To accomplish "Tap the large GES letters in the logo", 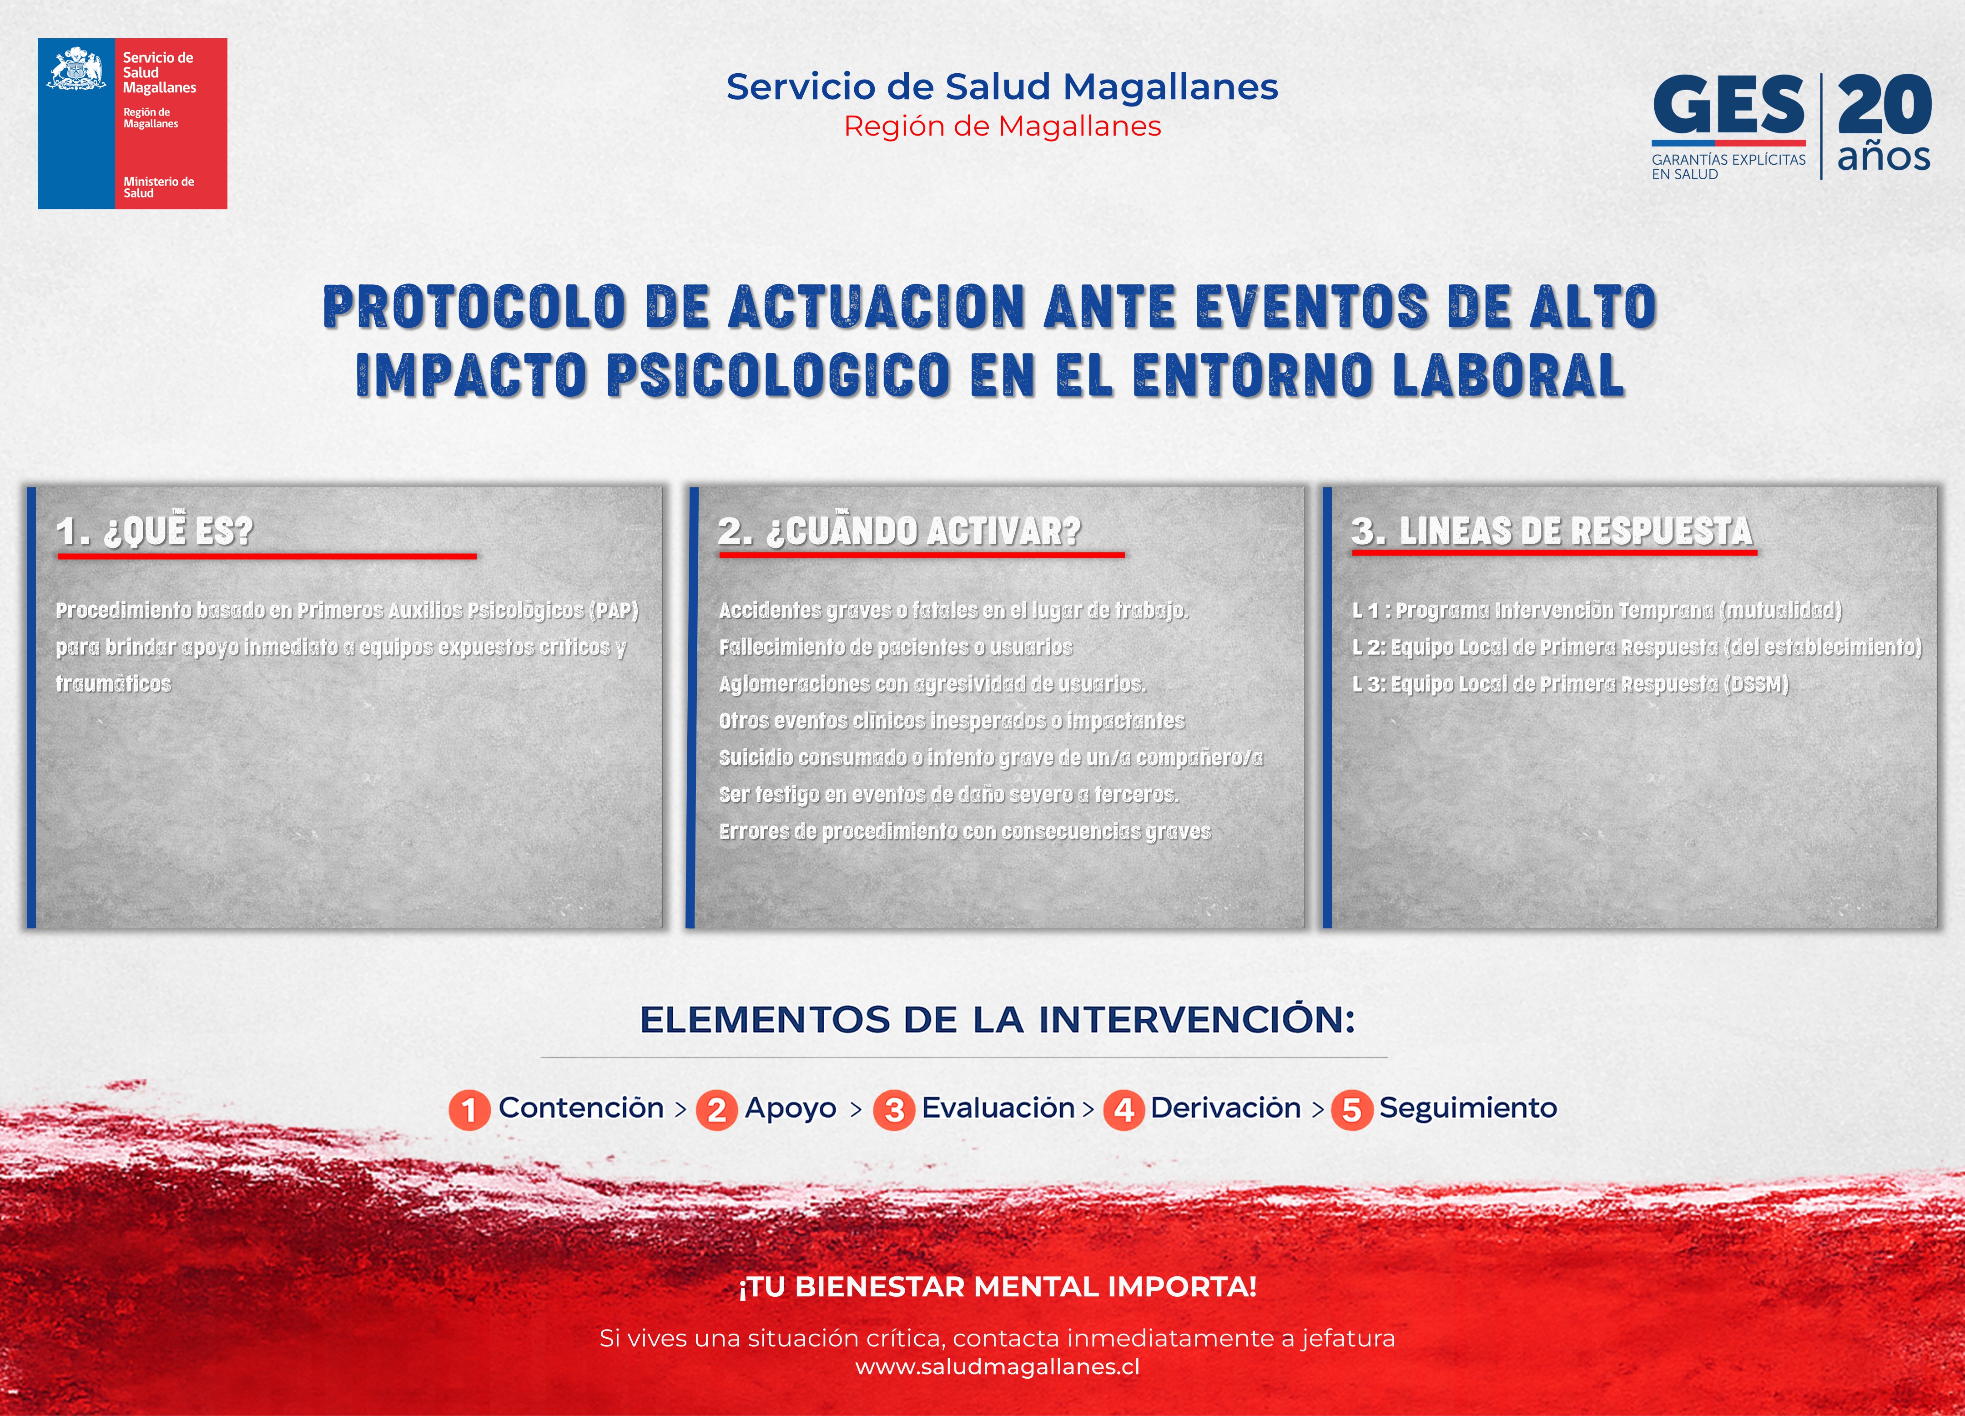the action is (1728, 105).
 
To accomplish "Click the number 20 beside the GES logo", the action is (1884, 104).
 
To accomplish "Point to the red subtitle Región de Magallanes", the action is (1003, 126).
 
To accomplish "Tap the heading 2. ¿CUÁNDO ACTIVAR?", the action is (899, 531).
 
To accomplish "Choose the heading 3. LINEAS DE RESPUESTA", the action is (1552, 531).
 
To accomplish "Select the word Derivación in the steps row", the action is (1225, 1108).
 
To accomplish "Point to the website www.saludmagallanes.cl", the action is (997, 1366).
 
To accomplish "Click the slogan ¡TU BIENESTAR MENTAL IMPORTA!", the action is (997, 1287).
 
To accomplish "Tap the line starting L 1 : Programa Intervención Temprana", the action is (1597, 610).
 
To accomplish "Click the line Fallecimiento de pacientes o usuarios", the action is (896, 647).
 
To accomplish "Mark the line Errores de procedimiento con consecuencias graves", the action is (964, 831).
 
